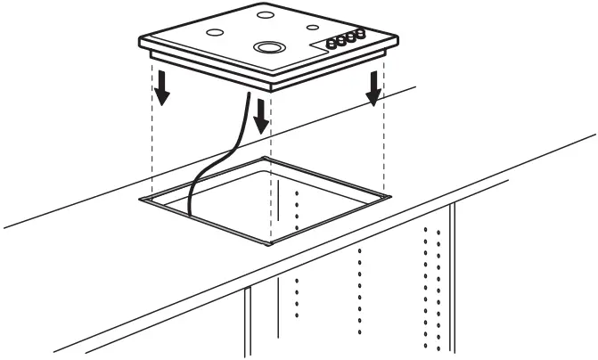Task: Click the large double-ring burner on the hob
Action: (x=266, y=46)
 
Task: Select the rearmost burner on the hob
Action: (x=265, y=14)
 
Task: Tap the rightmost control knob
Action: (x=361, y=35)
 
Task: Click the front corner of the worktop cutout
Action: (x=271, y=243)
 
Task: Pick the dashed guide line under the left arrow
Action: (x=152, y=143)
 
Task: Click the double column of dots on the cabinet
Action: (x=431, y=285)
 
